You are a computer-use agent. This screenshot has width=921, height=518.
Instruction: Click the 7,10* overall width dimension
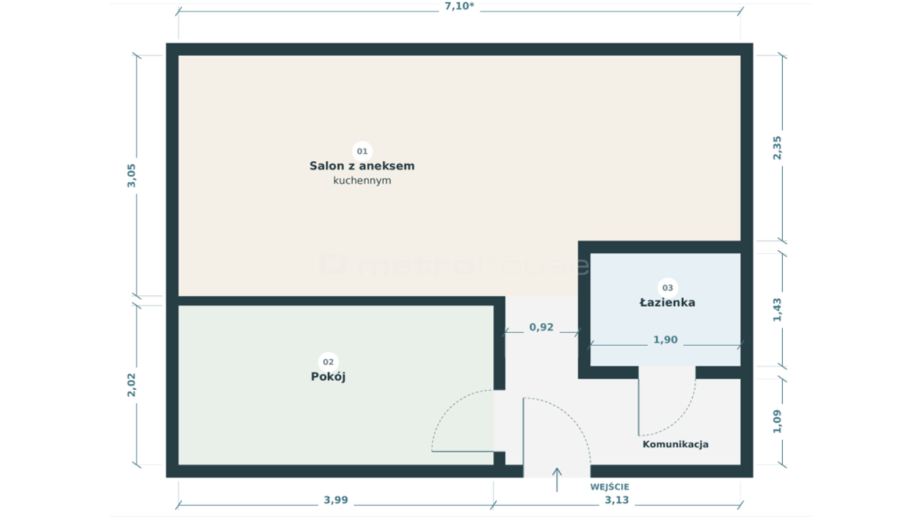(x=459, y=6)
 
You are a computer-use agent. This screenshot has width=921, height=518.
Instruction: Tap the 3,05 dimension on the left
(x=131, y=176)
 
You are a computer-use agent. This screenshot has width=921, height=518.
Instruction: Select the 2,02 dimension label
(x=131, y=385)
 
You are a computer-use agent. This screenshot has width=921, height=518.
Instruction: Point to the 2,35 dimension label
(x=777, y=148)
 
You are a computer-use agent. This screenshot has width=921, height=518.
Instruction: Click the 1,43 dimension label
(x=777, y=310)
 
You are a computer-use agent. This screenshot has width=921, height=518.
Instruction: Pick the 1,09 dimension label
(x=777, y=422)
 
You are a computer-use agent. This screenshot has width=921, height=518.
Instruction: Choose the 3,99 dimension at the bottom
(x=336, y=500)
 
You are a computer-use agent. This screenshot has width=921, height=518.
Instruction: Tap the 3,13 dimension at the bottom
(x=617, y=500)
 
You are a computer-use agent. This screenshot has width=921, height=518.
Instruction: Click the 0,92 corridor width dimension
(x=541, y=327)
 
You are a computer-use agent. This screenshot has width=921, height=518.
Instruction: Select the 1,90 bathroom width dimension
(x=666, y=340)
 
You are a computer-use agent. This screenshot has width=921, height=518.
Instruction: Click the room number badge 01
(x=362, y=151)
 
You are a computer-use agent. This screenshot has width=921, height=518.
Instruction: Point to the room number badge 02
(x=328, y=362)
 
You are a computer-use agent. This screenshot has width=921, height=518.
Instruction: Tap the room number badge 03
(x=668, y=288)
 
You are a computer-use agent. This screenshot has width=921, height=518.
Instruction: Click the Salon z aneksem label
(x=362, y=166)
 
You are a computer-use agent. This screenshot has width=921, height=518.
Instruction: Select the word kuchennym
(x=362, y=181)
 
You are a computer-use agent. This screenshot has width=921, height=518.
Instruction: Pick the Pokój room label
(x=328, y=376)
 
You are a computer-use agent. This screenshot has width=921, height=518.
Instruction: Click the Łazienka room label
(x=668, y=303)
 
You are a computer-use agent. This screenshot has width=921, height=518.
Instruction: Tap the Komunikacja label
(x=676, y=445)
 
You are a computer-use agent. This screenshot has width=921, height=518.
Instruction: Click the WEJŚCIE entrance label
(x=609, y=487)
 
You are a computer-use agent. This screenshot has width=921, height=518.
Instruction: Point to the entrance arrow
(x=557, y=480)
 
